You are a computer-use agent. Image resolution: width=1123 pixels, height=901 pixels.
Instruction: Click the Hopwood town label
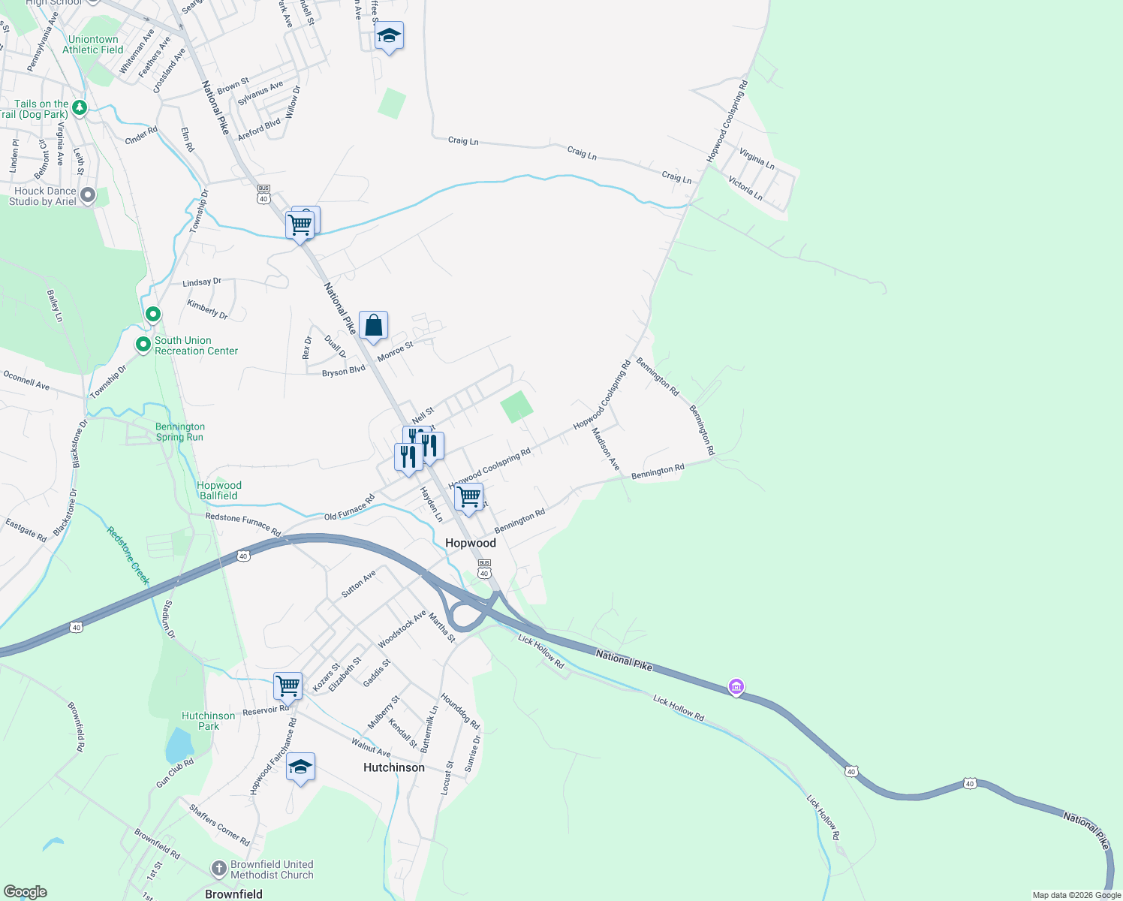(x=471, y=543)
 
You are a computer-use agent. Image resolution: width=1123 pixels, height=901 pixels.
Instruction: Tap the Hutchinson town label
(x=394, y=767)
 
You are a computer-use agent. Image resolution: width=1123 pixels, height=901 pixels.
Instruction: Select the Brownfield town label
(x=233, y=894)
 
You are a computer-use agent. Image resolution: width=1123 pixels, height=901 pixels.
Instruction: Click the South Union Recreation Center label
(x=196, y=345)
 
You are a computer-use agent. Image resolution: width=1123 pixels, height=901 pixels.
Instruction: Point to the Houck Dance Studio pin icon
(x=88, y=195)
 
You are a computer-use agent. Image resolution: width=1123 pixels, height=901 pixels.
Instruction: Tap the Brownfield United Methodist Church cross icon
(x=218, y=869)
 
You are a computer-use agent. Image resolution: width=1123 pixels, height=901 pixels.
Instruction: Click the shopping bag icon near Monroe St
(x=373, y=326)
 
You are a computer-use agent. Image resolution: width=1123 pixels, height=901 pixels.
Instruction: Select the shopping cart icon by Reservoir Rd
(x=288, y=685)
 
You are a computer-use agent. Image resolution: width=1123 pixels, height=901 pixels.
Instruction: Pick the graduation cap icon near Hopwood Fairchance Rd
(x=300, y=767)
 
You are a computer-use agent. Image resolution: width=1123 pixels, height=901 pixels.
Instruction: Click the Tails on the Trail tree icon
(x=80, y=108)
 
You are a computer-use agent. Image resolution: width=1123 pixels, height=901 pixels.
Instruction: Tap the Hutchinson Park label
(x=208, y=721)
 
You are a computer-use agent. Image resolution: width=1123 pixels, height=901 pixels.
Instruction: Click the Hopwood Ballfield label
(x=219, y=490)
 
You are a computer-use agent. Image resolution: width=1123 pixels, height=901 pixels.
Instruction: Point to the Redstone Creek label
(x=128, y=555)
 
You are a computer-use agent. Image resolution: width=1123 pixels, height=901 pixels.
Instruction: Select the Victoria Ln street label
(x=745, y=188)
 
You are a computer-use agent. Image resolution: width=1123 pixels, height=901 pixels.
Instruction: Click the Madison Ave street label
(x=606, y=449)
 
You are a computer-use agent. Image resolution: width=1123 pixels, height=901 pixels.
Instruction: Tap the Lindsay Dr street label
(x=202, y=282)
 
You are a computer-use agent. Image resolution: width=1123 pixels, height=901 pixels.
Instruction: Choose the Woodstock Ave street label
(x=402, y=629)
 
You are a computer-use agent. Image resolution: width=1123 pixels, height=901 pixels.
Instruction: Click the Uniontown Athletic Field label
(x=93, y=44)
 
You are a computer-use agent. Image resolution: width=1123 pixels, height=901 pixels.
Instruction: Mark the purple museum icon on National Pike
(x=736, y=687)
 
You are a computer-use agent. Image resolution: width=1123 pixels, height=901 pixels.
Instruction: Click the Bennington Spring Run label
(x=179, y=432)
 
